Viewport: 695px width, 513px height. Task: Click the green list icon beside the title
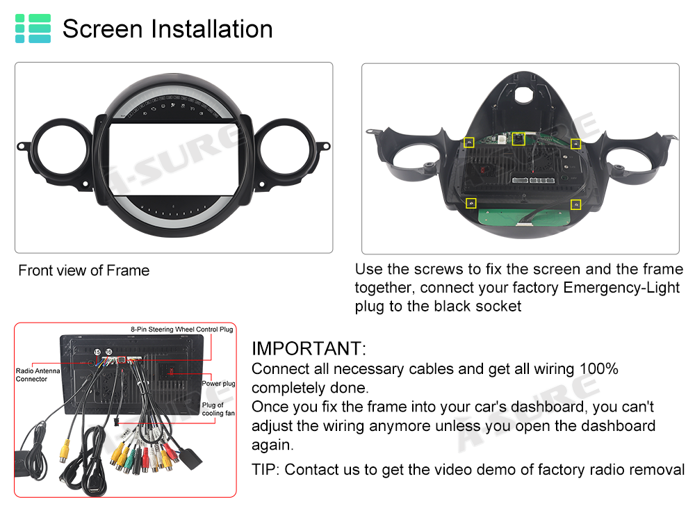click(33, 28)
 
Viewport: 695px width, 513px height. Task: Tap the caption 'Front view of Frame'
click(84, 270)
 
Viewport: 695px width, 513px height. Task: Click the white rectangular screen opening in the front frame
click(174, 159)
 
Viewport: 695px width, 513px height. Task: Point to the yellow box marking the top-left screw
click(469, 142)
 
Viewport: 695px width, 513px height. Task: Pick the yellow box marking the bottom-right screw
click(575, 204)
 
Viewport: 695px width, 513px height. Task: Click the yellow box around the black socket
click(518, 139)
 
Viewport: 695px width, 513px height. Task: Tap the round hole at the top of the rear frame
click(524, 94)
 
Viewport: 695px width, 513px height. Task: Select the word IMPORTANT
click(309, 348)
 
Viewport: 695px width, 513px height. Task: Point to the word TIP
click(265, 469)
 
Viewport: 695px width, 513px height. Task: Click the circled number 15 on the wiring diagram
click(97, 352)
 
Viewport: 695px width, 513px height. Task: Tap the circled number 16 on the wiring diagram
click(108, 352)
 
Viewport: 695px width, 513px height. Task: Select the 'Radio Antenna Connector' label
click(38, 375)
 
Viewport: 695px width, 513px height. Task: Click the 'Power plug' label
click(218, 384)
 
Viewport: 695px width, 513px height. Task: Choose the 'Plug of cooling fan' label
click(218, 409)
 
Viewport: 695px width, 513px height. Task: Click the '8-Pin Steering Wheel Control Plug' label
click(181, 329)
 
